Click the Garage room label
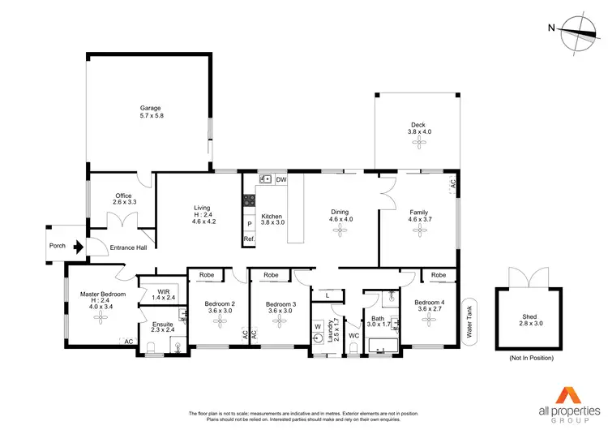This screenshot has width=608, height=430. coord(151,108)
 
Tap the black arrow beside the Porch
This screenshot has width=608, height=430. coord(79,247)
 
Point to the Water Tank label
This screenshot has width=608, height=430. coord(469,319)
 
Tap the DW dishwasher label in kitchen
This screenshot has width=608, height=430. coord(281,179)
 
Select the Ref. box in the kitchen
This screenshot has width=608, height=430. coord(249,239)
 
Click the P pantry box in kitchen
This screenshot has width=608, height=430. coord(249,222)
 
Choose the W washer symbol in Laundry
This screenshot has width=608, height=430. coord(317,329)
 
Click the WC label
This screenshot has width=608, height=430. coord(353,335)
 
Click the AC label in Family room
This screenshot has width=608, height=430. coord(452,183)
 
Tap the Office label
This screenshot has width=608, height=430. coord(123,196)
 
